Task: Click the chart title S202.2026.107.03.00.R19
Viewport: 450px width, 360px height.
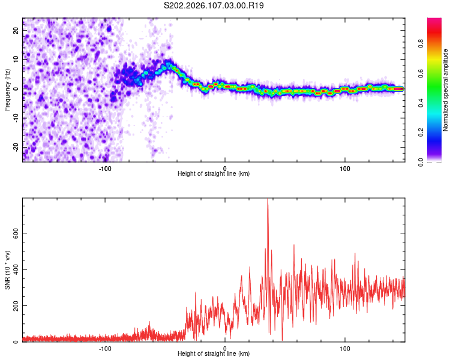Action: coord(214,5)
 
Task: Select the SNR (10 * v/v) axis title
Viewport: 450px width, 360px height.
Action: coord(7,270)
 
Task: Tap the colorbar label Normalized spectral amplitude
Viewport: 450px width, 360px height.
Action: coord(445,90)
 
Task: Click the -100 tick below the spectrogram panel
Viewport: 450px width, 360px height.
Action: coord(105,169)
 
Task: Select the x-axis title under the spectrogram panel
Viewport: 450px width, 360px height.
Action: coord(214,174)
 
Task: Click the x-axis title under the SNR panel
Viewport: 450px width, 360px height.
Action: coord(214,354)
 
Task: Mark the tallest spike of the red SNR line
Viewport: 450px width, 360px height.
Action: coord(268,200)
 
